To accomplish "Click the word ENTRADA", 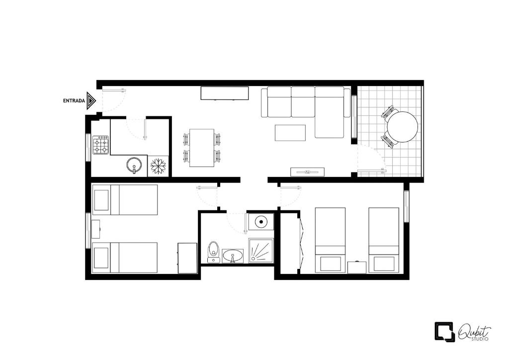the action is (74, 101).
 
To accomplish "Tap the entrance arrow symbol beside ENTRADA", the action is (91, 100).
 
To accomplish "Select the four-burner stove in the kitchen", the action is (101, 145).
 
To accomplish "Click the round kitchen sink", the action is (134, 165).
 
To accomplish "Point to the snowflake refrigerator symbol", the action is (158, 166).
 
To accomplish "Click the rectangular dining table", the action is (202, 148).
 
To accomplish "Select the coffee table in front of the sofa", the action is (290, 133).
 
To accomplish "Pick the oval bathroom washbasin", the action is (233, 256).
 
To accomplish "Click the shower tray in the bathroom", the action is (261, 251).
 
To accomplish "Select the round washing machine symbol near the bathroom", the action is (260, 222).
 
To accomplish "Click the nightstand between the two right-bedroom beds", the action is (357, 267).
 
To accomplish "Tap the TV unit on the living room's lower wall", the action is (307, 172).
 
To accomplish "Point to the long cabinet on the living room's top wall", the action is (225, 93).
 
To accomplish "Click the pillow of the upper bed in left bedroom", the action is (101, 200).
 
